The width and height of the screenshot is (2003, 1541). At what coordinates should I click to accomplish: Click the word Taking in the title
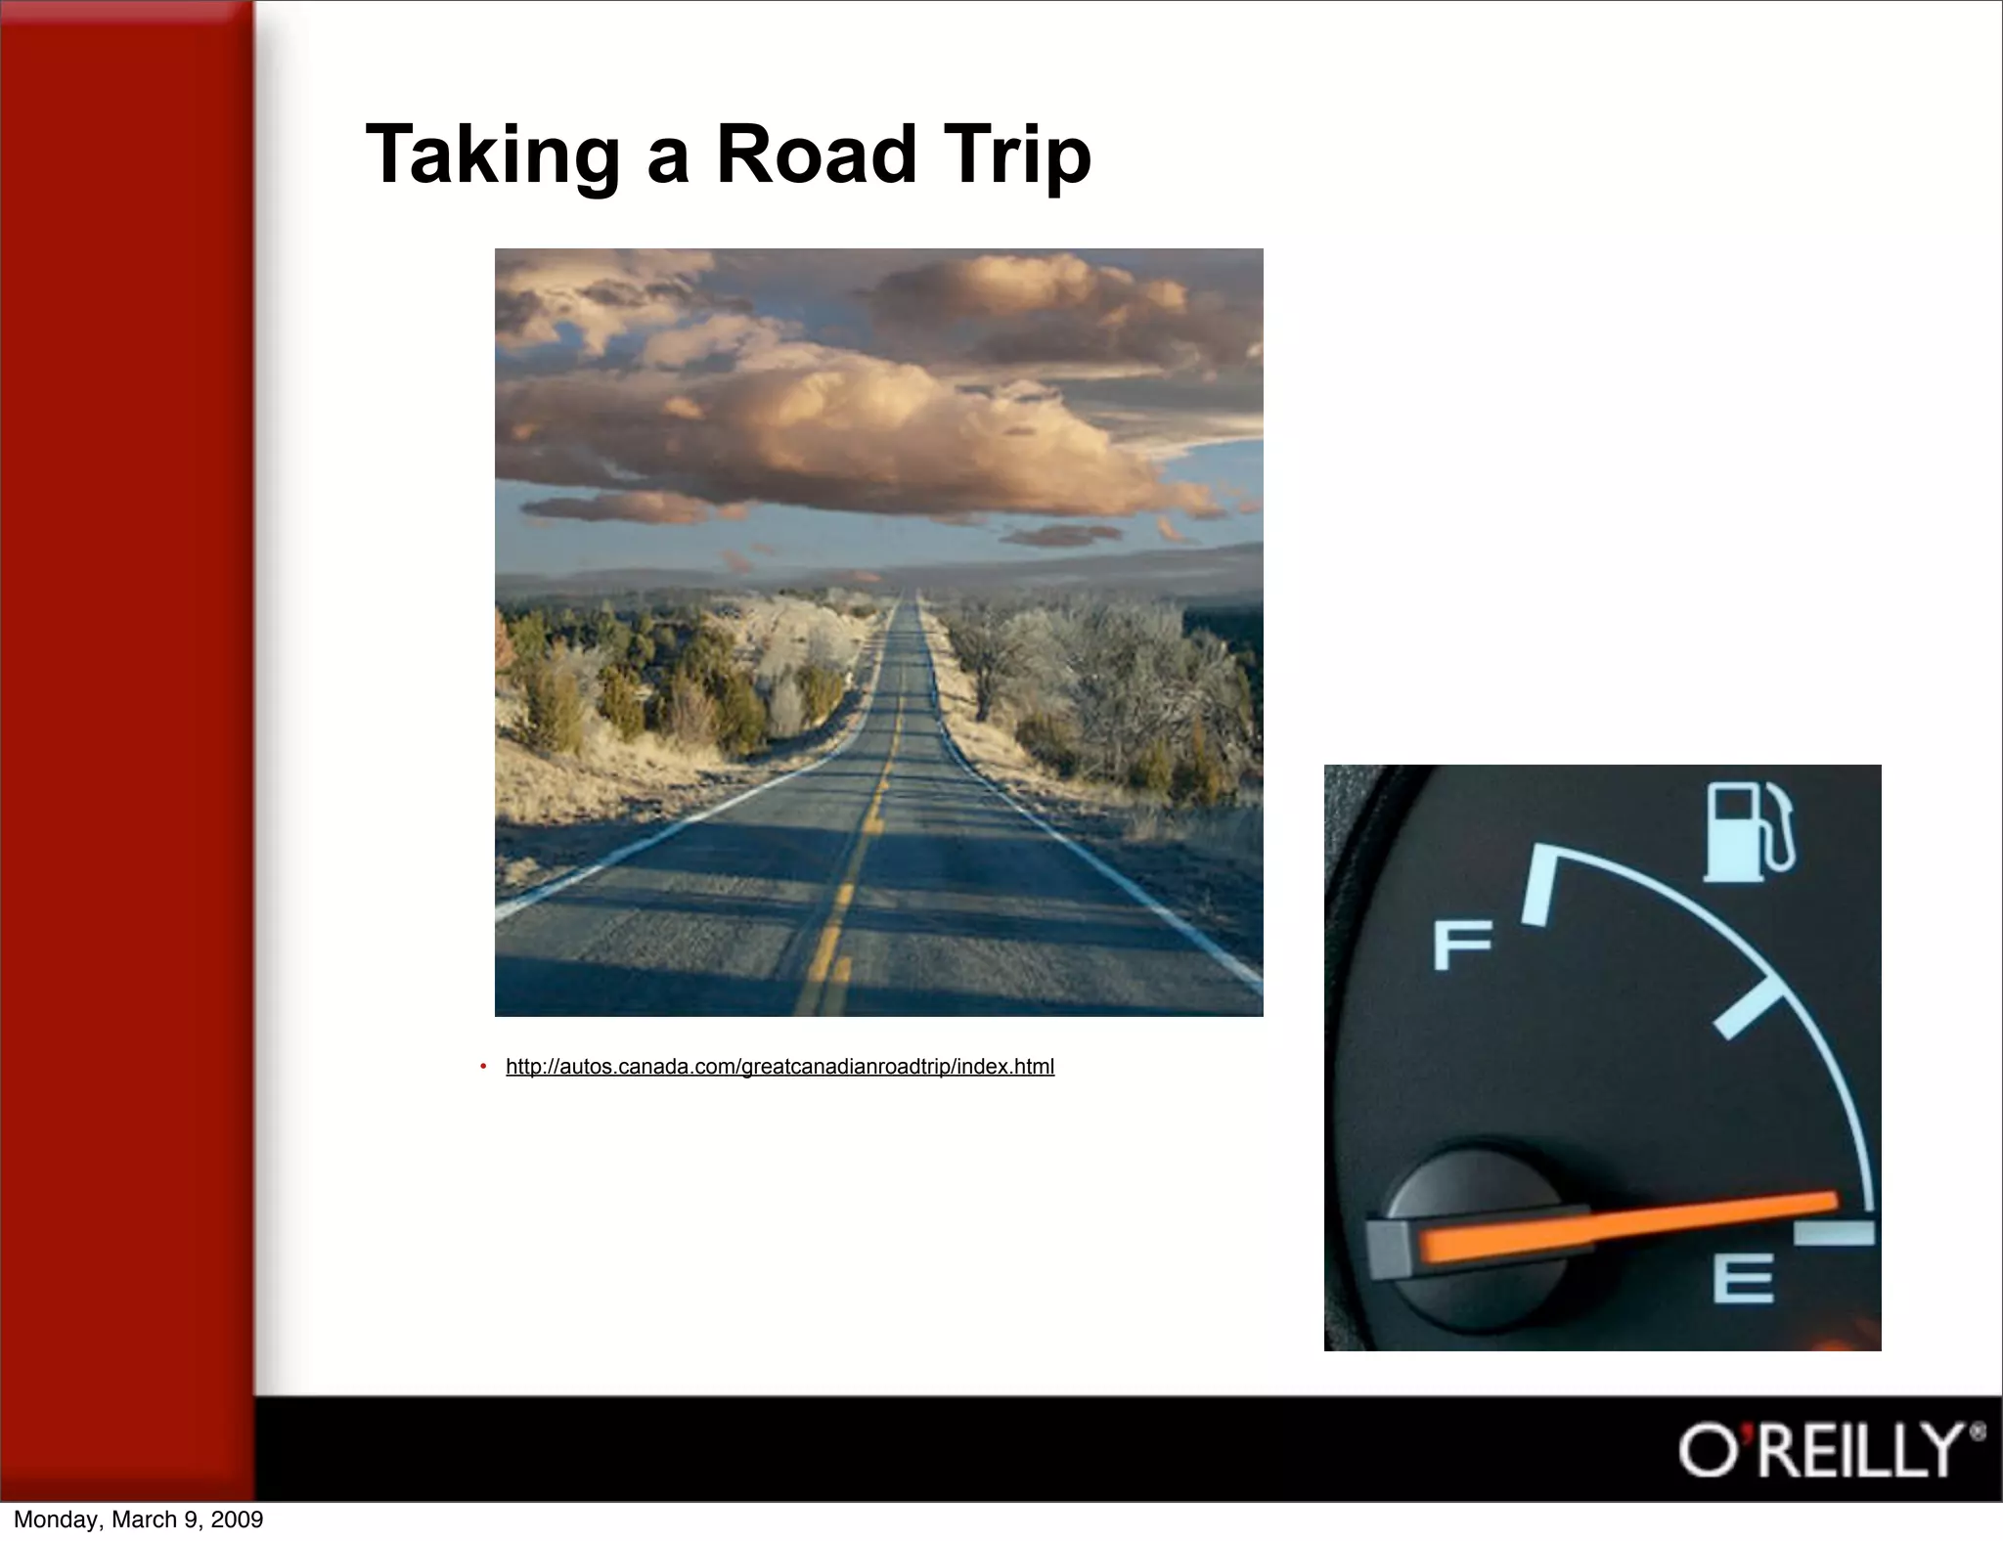[492, 154]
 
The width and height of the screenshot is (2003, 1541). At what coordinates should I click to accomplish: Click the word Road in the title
[817, 154]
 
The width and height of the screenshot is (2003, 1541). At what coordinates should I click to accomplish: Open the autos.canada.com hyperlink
[779, 1067]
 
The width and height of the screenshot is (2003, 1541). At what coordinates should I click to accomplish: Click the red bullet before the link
[483, 1066]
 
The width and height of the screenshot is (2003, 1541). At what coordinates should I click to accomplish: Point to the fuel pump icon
[1748, 831]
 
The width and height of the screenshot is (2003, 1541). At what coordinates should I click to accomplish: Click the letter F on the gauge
[1461, 946]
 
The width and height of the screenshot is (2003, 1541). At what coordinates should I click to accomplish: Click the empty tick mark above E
[1834, 1233]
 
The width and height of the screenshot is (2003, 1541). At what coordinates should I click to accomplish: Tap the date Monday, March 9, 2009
[138, 1519]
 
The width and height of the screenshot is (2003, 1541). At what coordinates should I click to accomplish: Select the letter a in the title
[667, 158]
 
